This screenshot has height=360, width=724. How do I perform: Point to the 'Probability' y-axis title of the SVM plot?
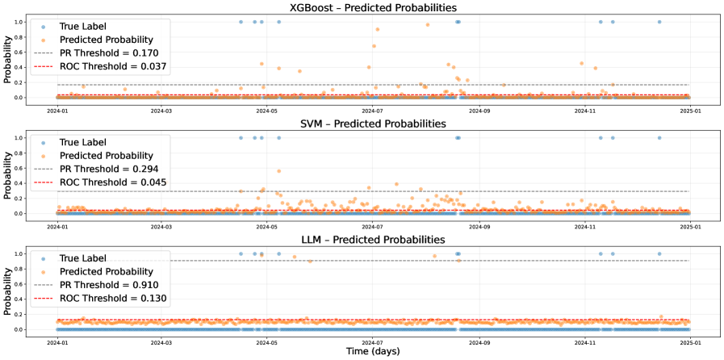(x=8, y=174)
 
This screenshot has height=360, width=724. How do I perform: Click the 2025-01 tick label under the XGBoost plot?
(x=689, y=111)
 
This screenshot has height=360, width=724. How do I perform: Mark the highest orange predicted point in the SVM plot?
(x=278, y=171)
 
